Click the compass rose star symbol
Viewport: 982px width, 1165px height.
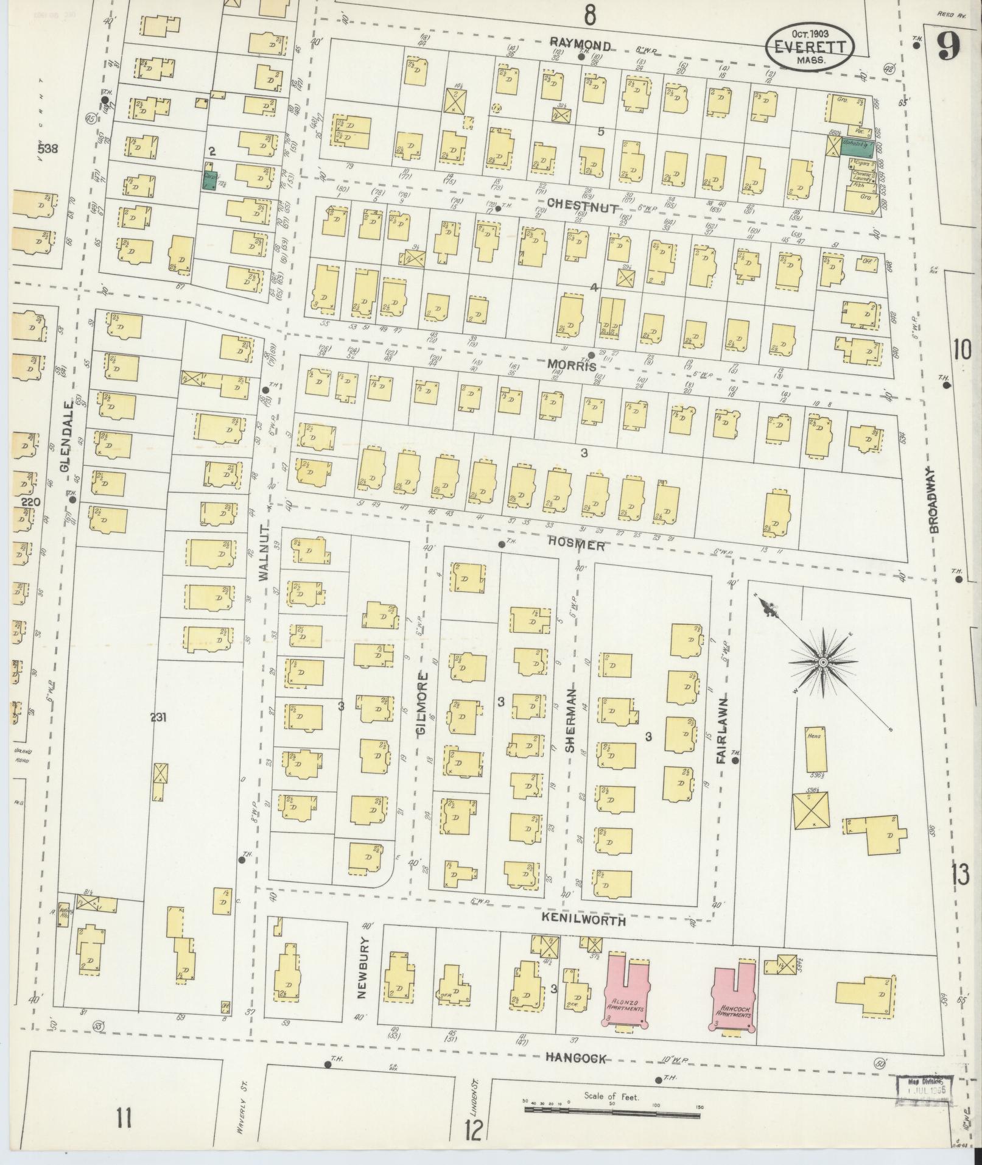[x=822, y=662]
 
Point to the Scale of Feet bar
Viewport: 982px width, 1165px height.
[x=612, y=1116]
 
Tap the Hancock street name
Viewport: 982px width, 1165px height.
[x=576, y=1058]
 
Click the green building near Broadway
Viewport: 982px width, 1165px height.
[x=855, y=147]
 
